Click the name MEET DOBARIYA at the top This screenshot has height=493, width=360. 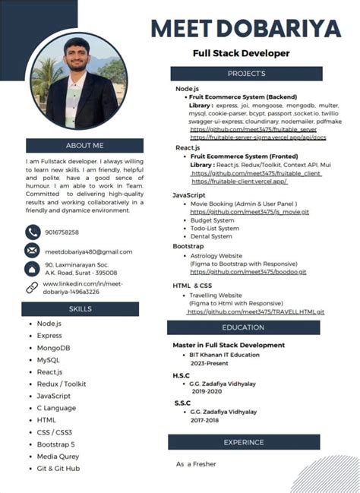click(x=246, y=29)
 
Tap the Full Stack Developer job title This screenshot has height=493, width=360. click(x=241, y=53)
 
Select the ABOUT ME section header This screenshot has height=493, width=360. click(x=84, y=145)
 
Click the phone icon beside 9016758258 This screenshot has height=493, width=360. click(x=32, y=232)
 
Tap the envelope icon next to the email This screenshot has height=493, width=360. click(x=32, y=251)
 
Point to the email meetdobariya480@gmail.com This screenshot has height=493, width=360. click(x=88, y=251)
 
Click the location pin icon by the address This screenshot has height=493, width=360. click(x=32, y=268)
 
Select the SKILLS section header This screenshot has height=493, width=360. click(x=80, y=309)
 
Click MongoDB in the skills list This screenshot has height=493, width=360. click(x=54, y=347)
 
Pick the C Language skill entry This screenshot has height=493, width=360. click(x=57, y=408)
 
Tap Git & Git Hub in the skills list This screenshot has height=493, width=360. click(x=58, y=469)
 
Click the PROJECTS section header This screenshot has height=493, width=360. click(x=246, y=74)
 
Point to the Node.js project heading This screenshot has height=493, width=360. click(x=187, y=89)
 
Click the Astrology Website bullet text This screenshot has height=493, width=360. click(x=216, y=256)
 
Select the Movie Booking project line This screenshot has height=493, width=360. click(x=243, y=204)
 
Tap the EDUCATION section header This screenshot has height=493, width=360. click(x=243, y=327)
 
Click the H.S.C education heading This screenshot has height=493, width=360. click(x=182, y=376)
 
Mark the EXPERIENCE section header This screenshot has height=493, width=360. click(x=243, y=442)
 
